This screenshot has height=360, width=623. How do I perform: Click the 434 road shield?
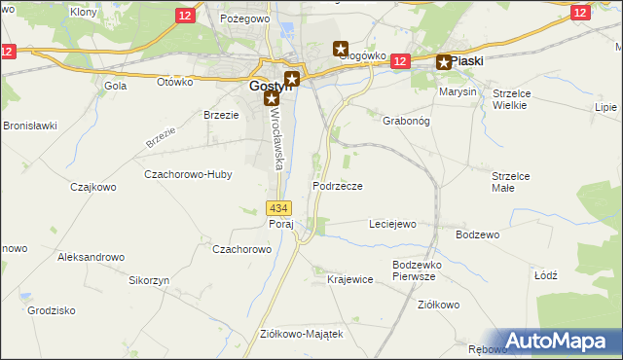(x=278, y=208)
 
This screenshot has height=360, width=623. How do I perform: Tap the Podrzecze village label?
(x=338, y=186)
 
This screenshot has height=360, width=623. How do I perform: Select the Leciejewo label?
(x=392, y=225)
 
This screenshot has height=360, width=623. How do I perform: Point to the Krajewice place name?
(x=350, y=280)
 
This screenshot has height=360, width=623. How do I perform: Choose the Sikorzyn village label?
(x=150, y=280)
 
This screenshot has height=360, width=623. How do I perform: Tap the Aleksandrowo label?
(x=92, y=257)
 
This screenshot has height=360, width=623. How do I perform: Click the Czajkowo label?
(x=93, y=187)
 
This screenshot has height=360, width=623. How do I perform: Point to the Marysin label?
(x=458, y=91)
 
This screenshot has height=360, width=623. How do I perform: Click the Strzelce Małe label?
(x=510, y=182)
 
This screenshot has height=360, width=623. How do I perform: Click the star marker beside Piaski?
(x=444, y=63)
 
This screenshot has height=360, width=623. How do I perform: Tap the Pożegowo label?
(x=243, y=18)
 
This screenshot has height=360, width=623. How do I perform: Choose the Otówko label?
(x=176, y=82)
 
